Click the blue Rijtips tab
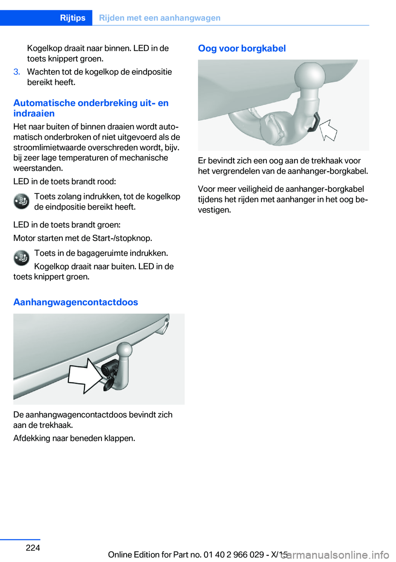click(x=73, y=18)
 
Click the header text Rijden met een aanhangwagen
click(x=160, y=18)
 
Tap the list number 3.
click(x=16, y=72)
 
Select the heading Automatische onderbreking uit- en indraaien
click(x=91, y=108)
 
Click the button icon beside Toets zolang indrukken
click(x=21, y=201)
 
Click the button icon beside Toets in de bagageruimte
click(x=21, y=258)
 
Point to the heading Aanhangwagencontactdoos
click(x=75, y=302)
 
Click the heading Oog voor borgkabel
click(x=242, y=48)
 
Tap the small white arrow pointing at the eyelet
click(x=329, y=130)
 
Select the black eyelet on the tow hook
click(x=315, y=123)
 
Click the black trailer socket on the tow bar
click(x=110, y=368)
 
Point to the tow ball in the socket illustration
click(x=124, y=350)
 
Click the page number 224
click(x=33, y=548)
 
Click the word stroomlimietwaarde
click(x=51, y=147)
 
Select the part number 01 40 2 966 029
click(x=233, y=555)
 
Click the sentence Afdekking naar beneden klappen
click(x=74, y=438)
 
